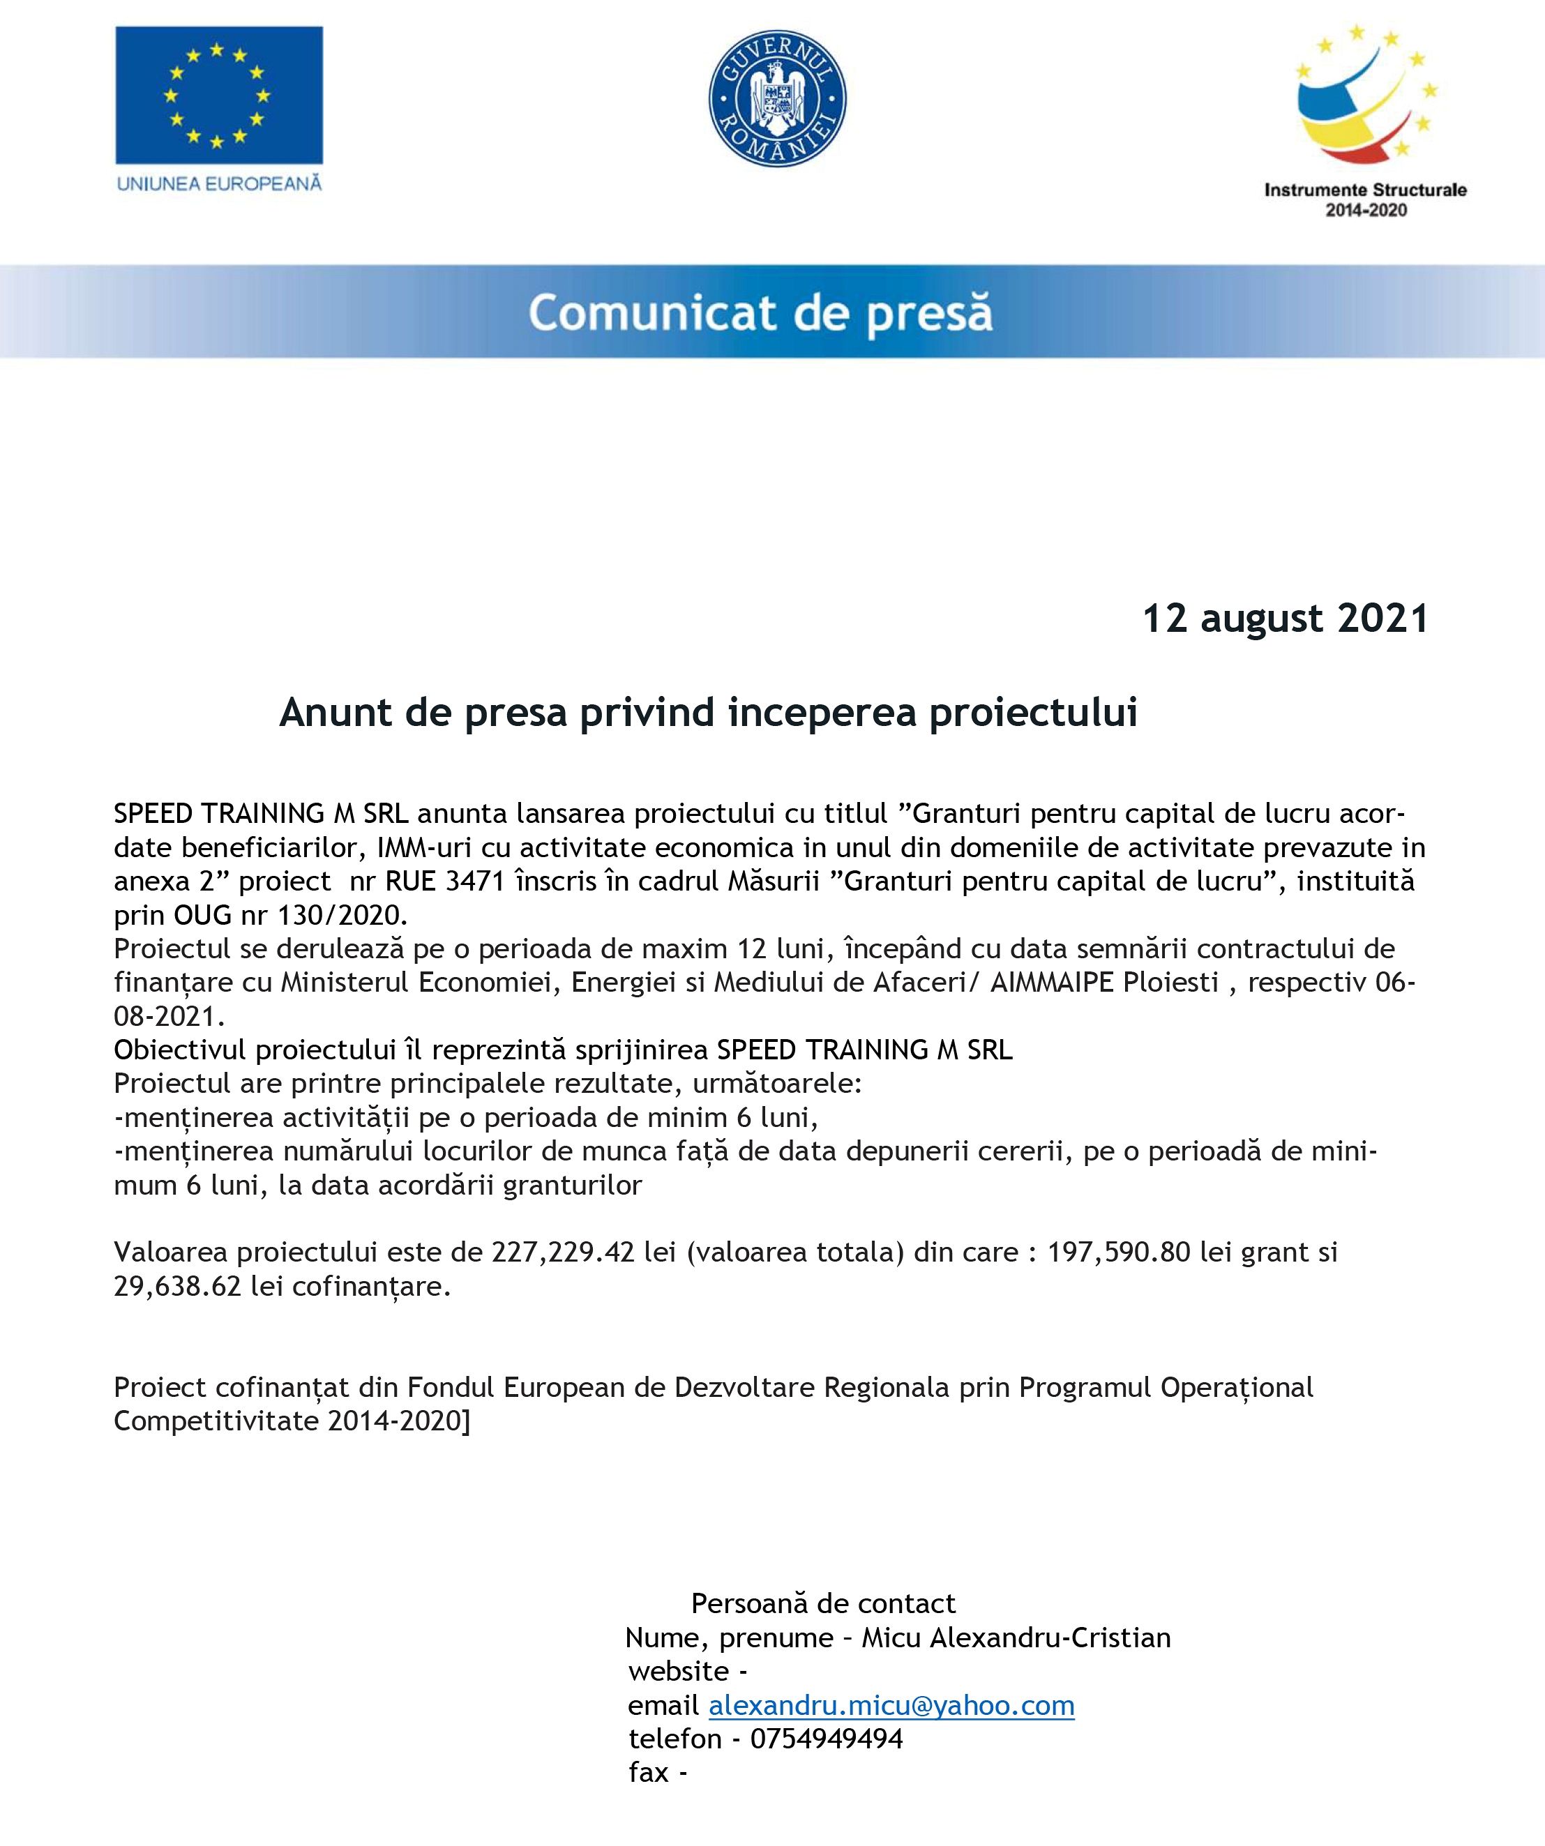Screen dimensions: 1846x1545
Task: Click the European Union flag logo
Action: (x=219, y=95)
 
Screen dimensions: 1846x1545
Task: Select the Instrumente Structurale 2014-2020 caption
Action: (x=1365, y=199)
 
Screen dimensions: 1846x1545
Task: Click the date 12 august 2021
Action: (x=1285, y=619)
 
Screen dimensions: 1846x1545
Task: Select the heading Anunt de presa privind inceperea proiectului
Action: (x=708, y=713)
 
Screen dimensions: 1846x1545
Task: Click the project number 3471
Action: (x=475, y=881)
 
